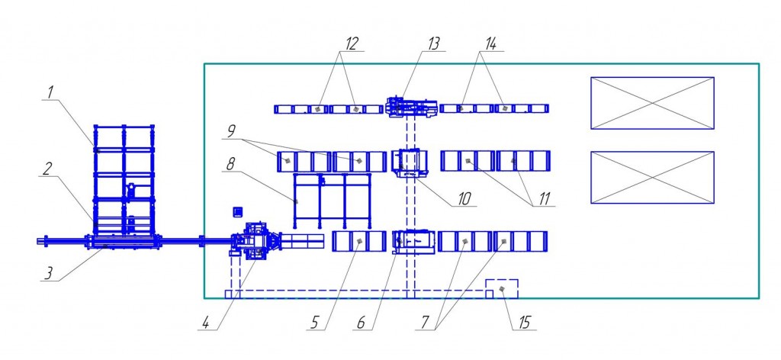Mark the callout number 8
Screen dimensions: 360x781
pyautogui.click(x=230, y=162)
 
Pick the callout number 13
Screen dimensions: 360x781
pyautogui.click(x=435, y=43)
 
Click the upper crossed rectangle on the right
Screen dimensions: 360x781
pyautogui.click(x=652, y=103)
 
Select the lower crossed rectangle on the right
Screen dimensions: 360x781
pyautogui.click(x=652, y=177)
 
